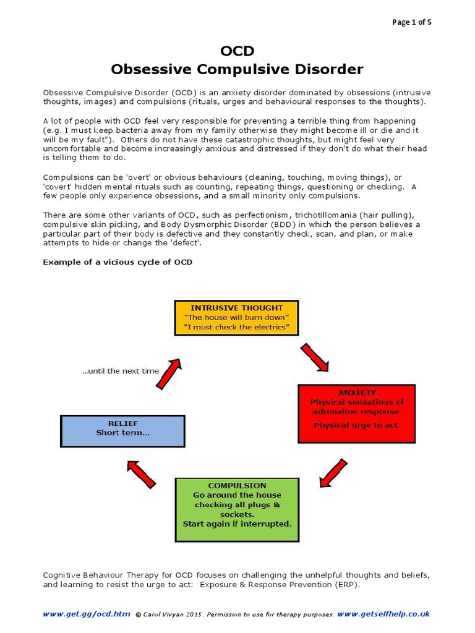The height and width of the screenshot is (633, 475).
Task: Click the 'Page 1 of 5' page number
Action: point(413,22)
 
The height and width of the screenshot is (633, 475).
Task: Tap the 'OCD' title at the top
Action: point(237,51)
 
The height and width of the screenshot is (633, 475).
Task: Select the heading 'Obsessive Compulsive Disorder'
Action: point(237,69)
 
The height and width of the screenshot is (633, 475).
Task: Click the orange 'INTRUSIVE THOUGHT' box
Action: point(236,318)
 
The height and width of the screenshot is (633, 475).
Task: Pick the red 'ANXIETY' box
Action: point(356,414)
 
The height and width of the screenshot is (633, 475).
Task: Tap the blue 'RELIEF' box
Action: point(122,431)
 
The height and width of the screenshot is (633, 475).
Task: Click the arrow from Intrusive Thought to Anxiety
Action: point(314,357)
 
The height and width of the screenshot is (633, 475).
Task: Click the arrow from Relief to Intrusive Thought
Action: point(168,372)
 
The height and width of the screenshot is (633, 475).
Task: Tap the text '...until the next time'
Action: point(120,372)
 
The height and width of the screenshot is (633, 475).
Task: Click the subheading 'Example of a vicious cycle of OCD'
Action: point(118,262)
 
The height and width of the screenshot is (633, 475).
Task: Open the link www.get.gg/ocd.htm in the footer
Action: point(87,614)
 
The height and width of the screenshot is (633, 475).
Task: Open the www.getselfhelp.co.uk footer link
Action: point(383,614)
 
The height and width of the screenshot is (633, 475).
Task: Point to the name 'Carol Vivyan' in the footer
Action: point(165,615)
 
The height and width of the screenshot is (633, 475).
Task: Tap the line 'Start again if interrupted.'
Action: point(237,524)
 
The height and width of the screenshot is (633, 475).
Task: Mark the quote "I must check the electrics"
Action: point(236,327)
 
